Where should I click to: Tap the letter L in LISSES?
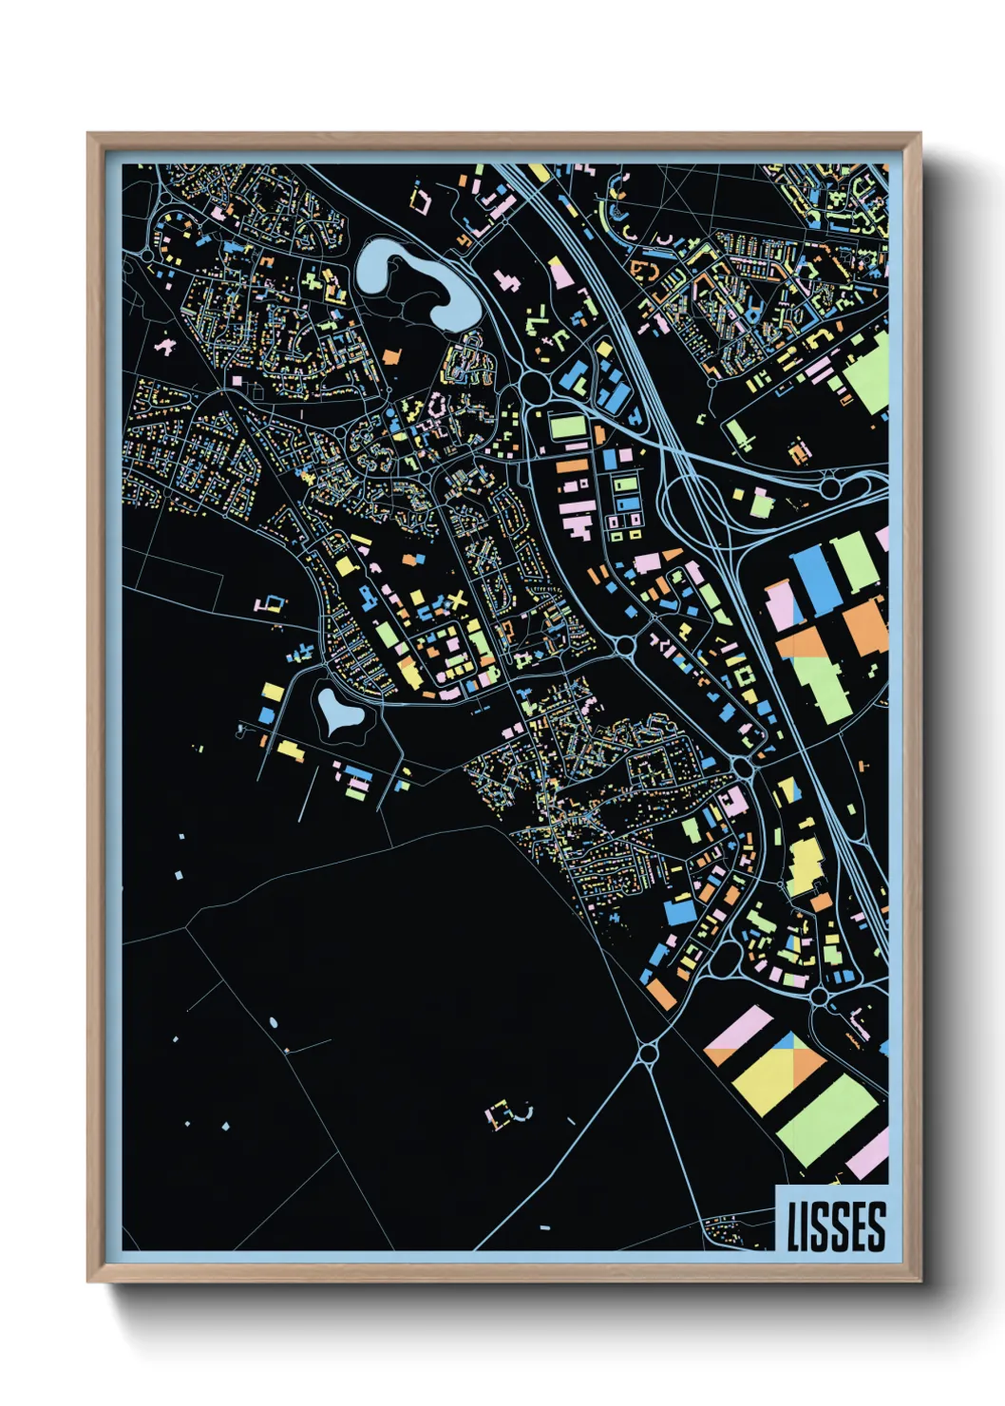tap(793, 1225)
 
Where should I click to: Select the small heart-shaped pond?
tap(340, 712)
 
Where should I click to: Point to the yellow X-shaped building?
tap(458, 601)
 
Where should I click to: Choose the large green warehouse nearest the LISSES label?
tap(826, 1121)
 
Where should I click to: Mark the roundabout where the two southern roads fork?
tap(649, 1052)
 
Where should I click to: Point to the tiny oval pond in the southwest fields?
tap(274, 1022)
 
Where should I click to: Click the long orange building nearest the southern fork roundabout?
tap(662, 994)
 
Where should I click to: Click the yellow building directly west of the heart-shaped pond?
tap(273, 691)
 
